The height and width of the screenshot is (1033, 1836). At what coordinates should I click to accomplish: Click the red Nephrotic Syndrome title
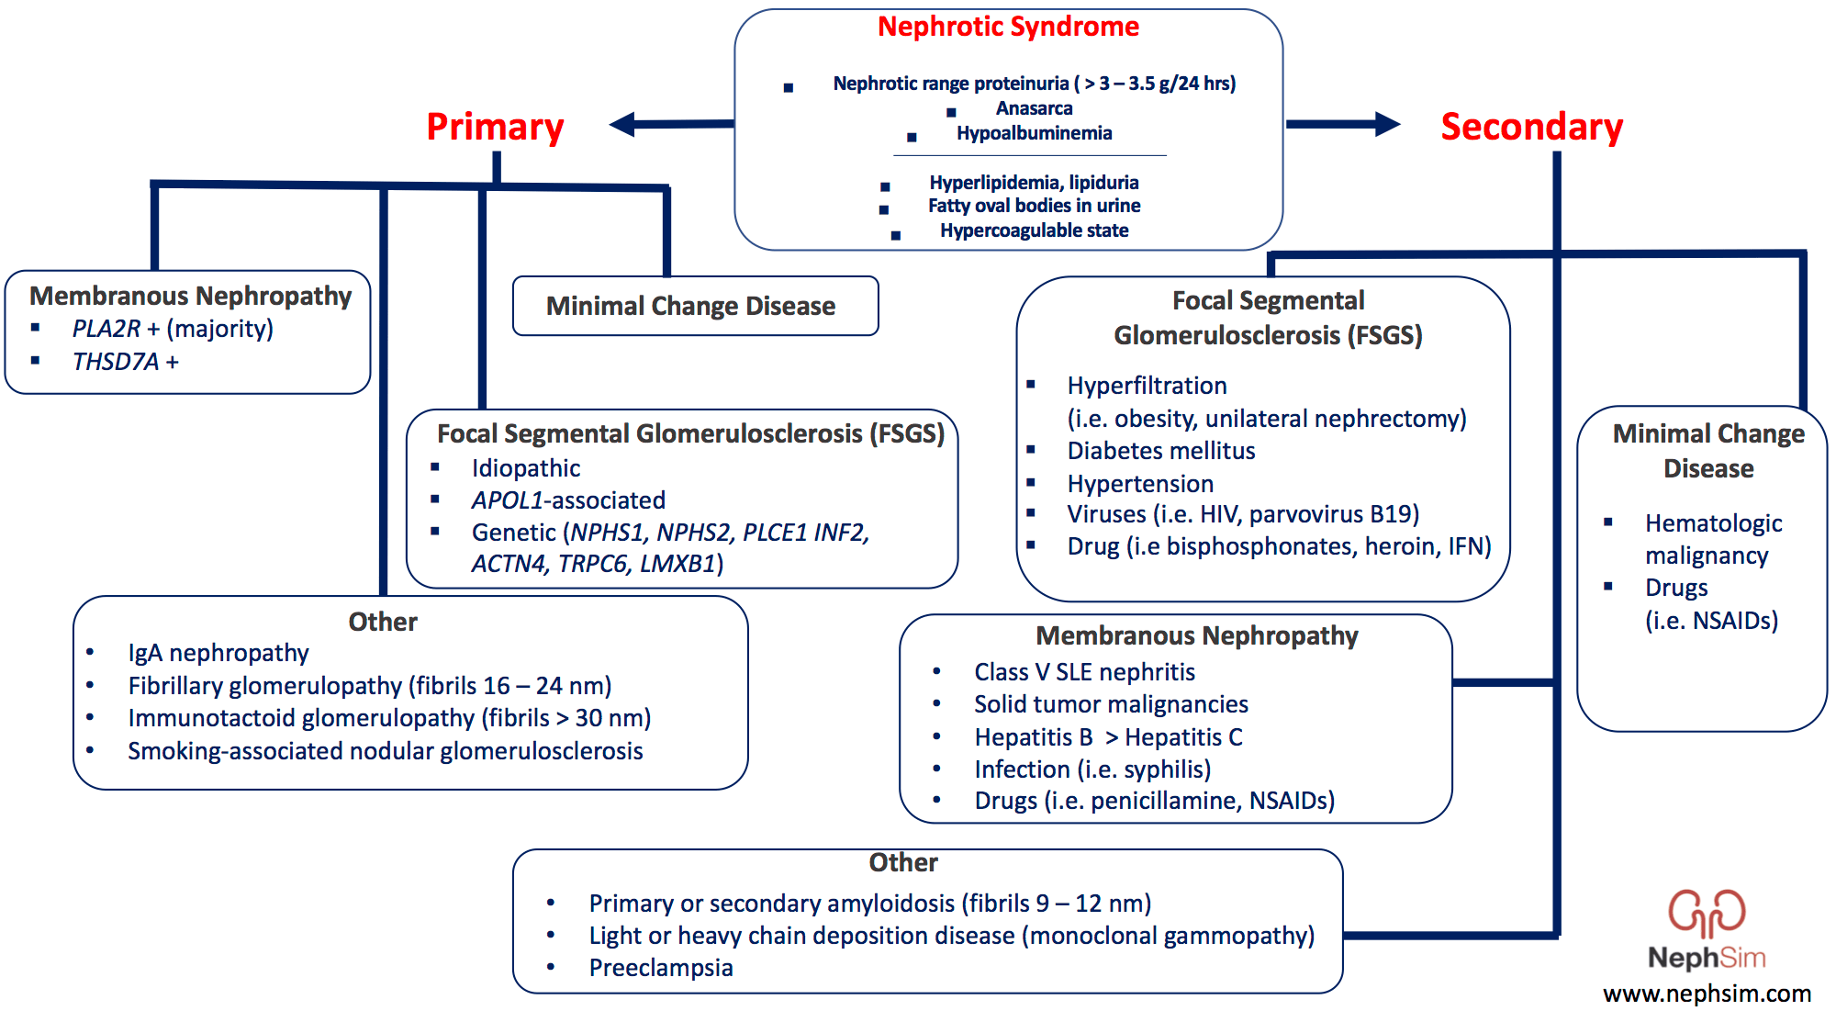click(1007, 27)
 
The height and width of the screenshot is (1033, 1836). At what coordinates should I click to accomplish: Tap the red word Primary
click(495, 127)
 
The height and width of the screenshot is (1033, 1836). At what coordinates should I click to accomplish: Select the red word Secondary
click(1531, 127)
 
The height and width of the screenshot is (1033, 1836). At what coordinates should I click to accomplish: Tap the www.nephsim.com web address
click(1707, 994)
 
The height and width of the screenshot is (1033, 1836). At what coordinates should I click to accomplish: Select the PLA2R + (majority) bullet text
click(173, 329)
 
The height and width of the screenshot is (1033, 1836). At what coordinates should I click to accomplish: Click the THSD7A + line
click(125, 362)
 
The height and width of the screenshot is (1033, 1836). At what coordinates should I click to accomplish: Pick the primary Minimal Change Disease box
click(695, 306)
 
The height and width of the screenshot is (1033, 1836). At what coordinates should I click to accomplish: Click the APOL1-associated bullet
click(568, 500)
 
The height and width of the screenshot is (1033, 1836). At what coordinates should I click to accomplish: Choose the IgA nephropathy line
click(218, 653)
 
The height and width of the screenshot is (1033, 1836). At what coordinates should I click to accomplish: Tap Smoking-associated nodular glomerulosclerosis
click(385, 751)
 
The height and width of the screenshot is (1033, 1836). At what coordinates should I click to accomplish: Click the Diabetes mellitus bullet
click(1160, 451)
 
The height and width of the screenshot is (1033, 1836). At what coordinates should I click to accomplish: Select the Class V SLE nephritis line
click(1084, 672)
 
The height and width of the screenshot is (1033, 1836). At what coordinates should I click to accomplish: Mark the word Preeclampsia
click(660, 968)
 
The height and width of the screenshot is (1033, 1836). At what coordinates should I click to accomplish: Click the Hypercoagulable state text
click(1034, 230)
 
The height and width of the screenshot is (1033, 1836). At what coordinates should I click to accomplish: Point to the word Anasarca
click(1034, 108)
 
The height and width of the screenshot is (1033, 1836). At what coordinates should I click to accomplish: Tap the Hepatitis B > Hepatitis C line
click(1108, 737)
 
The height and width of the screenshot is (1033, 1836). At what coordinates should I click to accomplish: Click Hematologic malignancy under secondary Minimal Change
click(1712, 539)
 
